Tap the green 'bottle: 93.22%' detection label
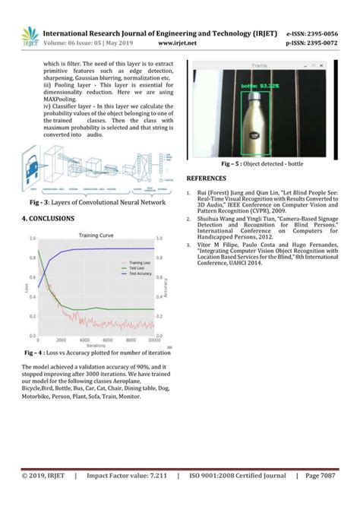tap(259, 87)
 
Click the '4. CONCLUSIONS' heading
tap(49, 218)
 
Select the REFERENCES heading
tap(207, 176)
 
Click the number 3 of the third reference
tap(188, 245)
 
